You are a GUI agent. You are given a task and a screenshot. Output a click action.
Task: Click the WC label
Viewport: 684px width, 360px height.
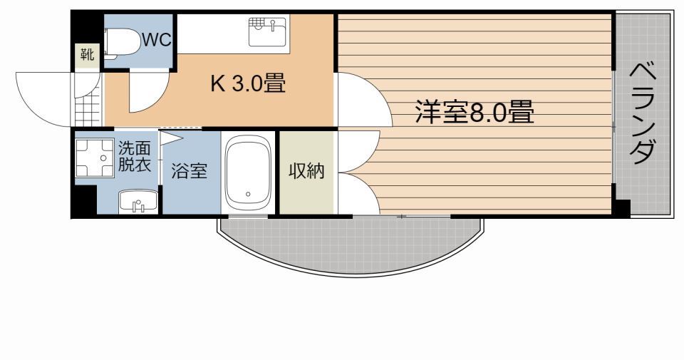[x=157, y=40]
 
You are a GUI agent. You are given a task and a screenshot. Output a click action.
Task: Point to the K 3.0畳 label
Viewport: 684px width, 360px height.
[x=247, y=84]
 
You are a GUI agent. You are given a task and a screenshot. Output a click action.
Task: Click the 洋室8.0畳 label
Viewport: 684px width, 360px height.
[x=475, y=112]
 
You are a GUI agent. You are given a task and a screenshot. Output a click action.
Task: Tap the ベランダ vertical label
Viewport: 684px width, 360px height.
[x=643, y=113]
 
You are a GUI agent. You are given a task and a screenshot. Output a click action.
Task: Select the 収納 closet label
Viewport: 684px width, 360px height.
[x=306, y=171]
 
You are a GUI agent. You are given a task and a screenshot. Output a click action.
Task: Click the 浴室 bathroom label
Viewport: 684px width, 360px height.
[x=190, y=172]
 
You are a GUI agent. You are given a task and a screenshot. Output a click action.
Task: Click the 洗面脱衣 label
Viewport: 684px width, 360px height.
[x=134, y=156]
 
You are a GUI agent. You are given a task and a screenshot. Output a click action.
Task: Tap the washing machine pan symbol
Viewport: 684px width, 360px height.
[x=95, y=158]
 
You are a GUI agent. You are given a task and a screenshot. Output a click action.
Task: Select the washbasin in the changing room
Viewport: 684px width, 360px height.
[x=138, y=202]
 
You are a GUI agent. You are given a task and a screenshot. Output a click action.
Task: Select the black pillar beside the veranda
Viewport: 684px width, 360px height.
[x=622, y=210]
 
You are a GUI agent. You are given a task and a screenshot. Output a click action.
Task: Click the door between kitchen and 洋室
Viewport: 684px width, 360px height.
[x=360, y=100]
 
